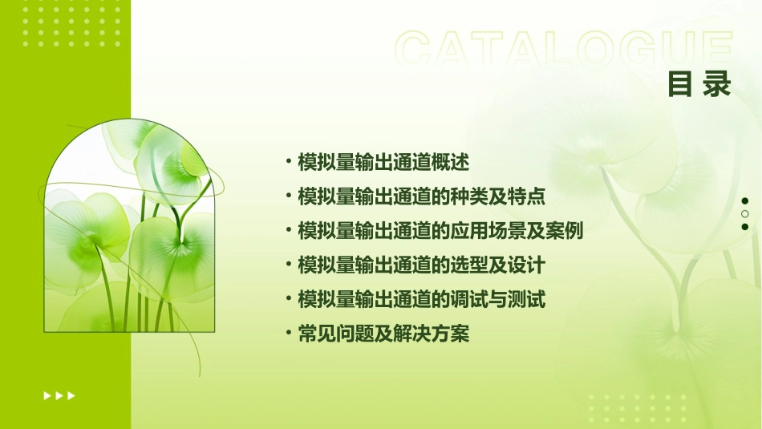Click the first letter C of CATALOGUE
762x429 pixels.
point(414,50)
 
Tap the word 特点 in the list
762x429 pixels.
point(527,196)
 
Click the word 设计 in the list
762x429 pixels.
point(527,265)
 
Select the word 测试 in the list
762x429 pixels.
point(527,300)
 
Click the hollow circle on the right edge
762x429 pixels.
point(745,213)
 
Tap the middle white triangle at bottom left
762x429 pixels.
point(59,395)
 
